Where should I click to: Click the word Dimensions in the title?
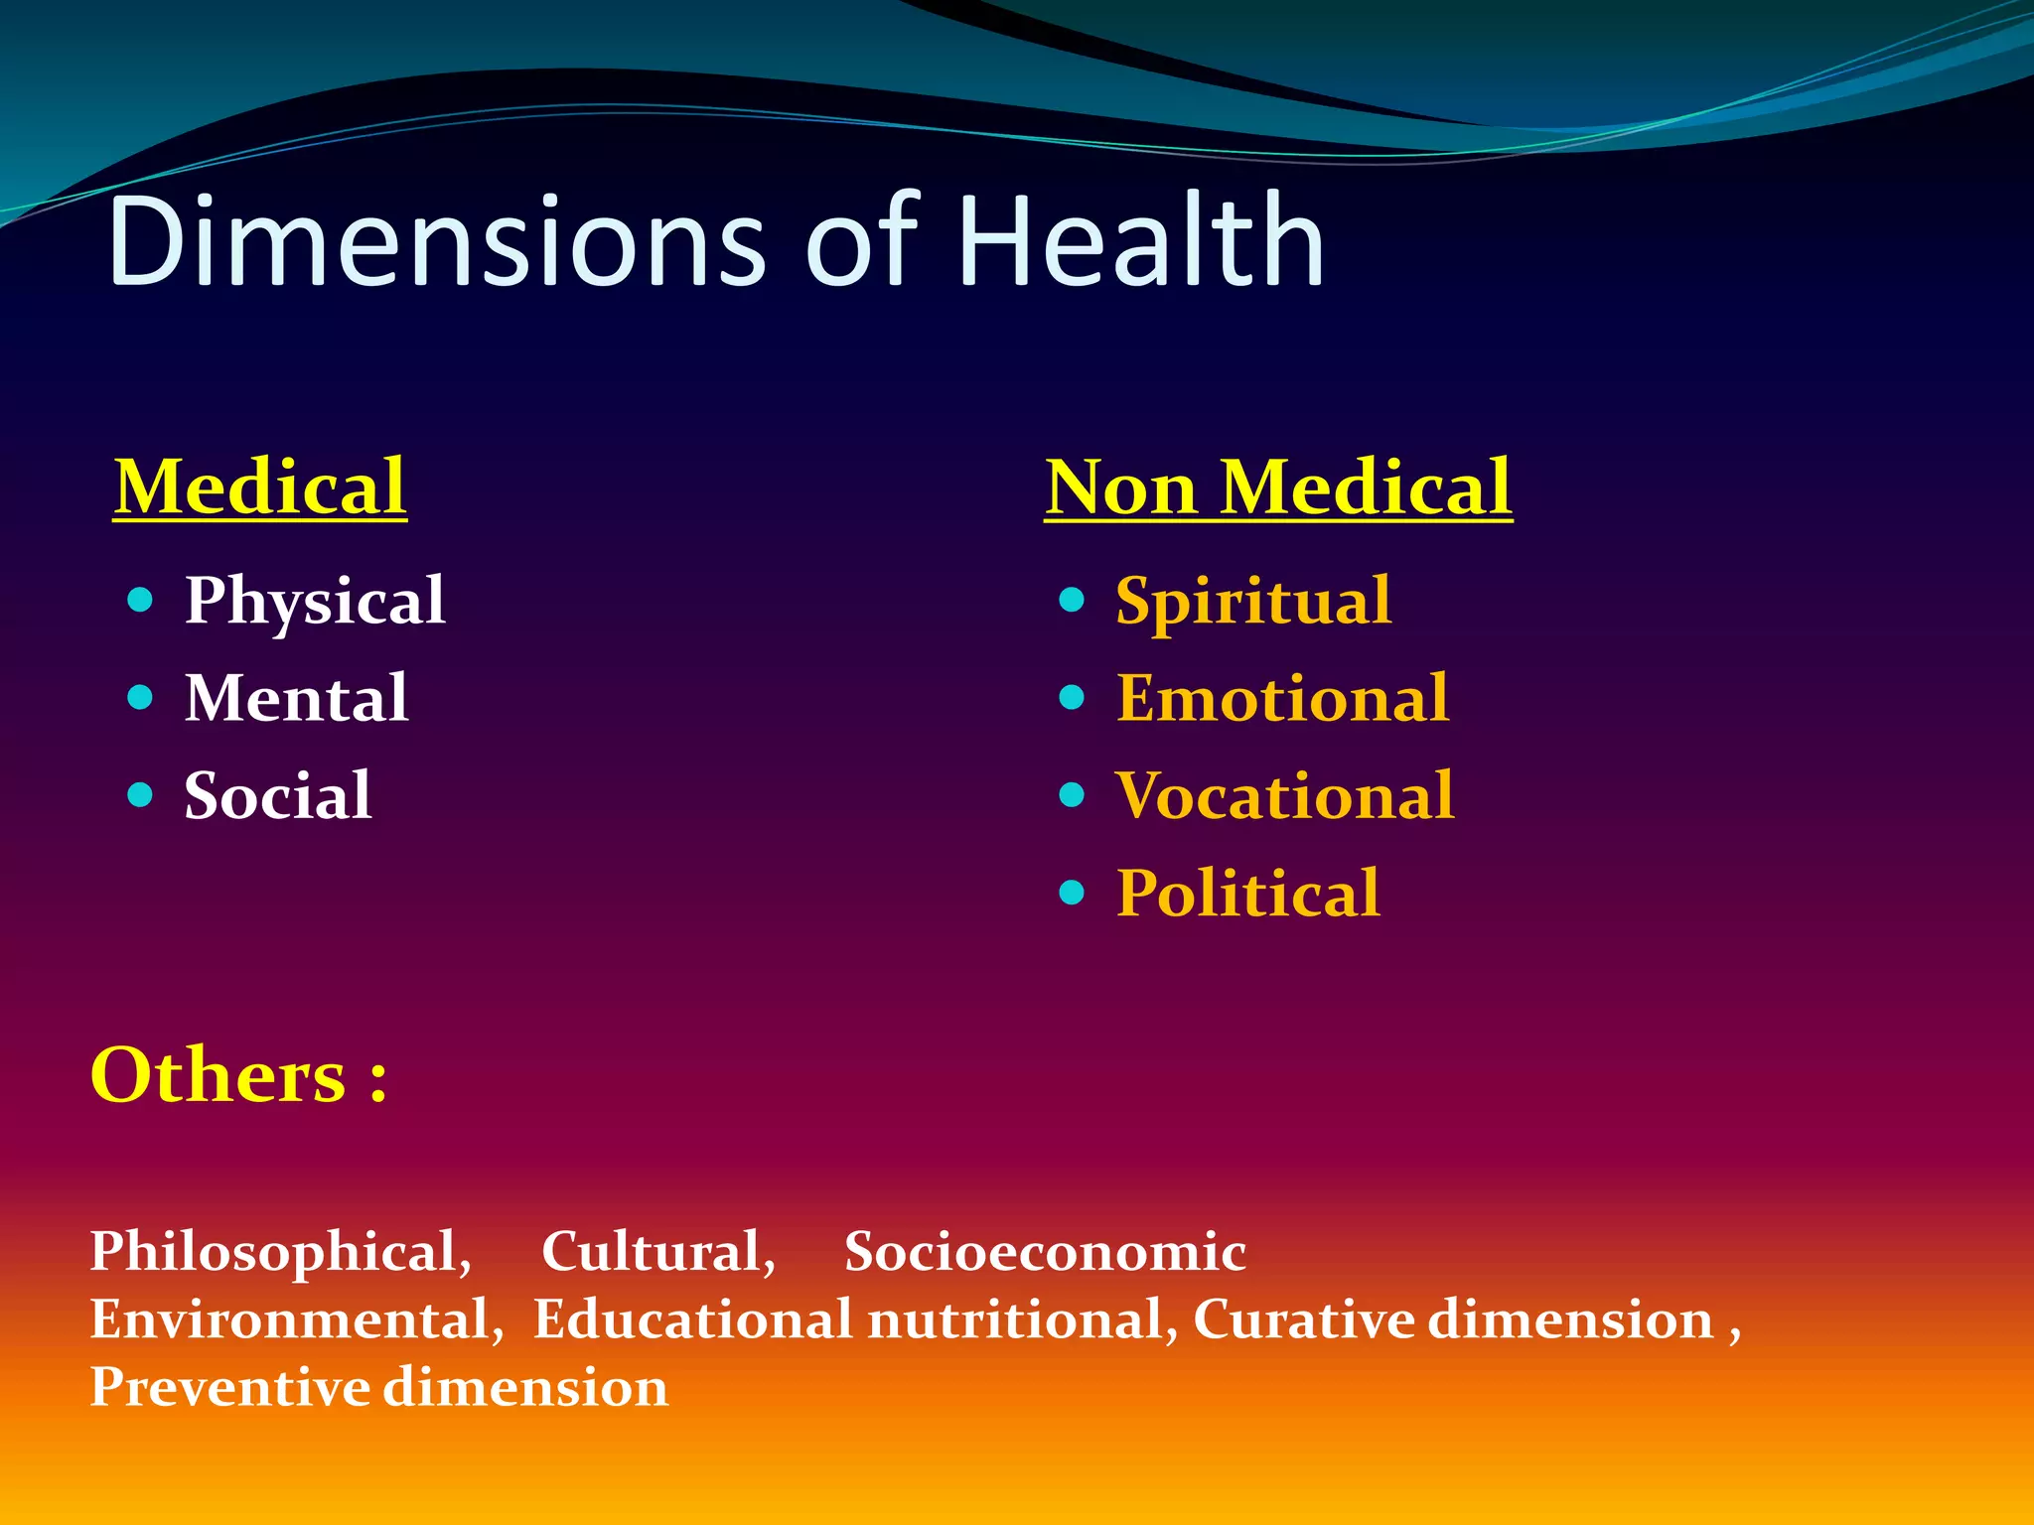(x=437, y=241)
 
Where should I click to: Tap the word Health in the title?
(x=1142, y=241)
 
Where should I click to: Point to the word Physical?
(x=315, y=602)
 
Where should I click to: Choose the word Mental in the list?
(x=296, y=698)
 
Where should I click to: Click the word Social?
(x=278, y=795)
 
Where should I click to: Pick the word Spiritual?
(x=1253, y=602)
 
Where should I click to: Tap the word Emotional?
(x=1282, y=698)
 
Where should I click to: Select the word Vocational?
(x=1285, y=795)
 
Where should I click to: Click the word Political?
(x=1248, y=893)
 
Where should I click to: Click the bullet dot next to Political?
(x=1072, y=892)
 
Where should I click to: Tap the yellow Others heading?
(x=238, y=1075)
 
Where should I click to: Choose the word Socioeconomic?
(x=1045, y=1251)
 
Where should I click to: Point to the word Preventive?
(x=229, y=1387)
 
